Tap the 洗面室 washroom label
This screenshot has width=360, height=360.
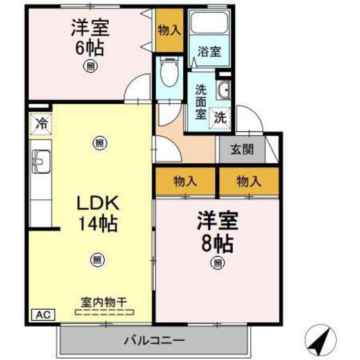point(201,102)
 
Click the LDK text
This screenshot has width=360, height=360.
point(97,204)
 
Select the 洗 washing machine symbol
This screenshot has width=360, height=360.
point(220,118)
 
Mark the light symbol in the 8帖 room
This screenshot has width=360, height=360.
point(218,262)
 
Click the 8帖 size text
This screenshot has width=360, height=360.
point(218,243)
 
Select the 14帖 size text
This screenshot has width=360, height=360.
point(97,225)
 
